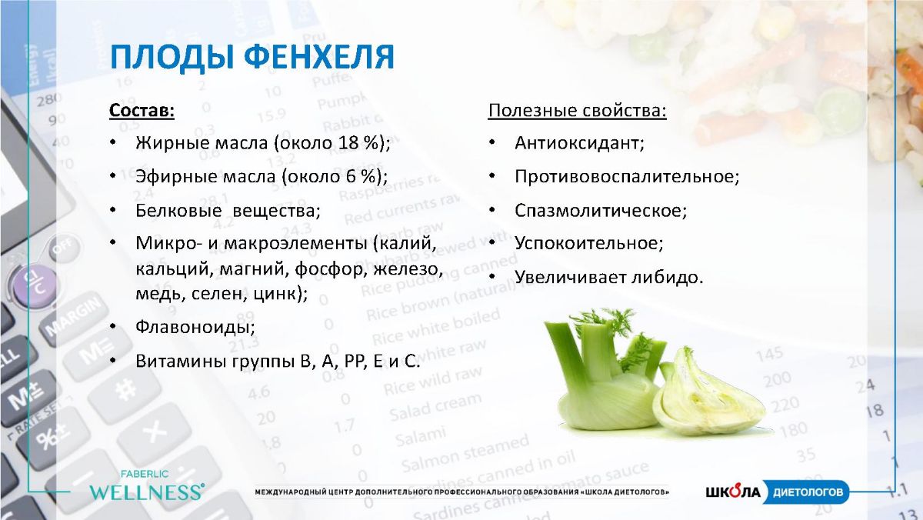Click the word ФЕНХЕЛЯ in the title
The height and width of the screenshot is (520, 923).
pos(319,57)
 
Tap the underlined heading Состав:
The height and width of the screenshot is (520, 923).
pos(142,111)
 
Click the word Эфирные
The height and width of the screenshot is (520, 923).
pos(176,177)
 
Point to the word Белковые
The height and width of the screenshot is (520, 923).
pos(178,211)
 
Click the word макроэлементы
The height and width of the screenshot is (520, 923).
pos(295,244)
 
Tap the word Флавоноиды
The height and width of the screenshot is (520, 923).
pos(195,327)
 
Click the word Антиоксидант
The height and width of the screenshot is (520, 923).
pos(579,143)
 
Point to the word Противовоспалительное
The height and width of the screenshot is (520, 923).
pos(627,177)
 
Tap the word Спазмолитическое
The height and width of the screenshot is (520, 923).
pos(601,211)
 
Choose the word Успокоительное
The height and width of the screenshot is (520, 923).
pos(588,243)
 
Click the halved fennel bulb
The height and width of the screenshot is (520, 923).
pos(709,395)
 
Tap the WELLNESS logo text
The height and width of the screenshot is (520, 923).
pos(147,492)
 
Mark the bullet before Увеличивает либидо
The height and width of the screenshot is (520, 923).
pos(492,277)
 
